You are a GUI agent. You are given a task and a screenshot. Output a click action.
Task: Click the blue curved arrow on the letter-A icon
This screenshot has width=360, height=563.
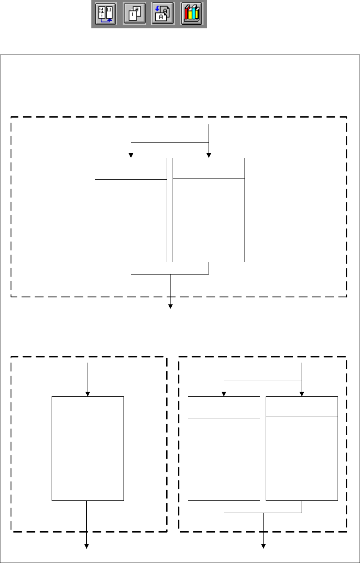coord(158,11)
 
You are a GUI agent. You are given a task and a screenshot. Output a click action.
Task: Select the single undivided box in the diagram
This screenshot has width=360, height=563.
coord(88,448)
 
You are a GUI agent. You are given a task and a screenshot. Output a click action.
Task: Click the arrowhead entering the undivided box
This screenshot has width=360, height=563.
coord(88,394)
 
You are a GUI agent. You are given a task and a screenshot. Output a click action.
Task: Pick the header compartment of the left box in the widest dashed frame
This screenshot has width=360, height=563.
coord(131,169)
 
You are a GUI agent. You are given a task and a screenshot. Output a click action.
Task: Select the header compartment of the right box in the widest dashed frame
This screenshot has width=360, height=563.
coord(209,168)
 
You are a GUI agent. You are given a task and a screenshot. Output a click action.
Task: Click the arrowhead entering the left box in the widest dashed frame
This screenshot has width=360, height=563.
coord(131,155)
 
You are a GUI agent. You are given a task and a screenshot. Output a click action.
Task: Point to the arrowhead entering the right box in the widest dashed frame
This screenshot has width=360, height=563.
coord(209,155)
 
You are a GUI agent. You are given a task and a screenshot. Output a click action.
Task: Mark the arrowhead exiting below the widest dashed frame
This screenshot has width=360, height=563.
coord(171,306)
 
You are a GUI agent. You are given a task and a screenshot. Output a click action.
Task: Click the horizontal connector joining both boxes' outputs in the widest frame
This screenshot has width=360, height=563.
coord(170,274)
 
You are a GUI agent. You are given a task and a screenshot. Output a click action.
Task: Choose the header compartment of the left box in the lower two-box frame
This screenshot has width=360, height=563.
coord(224,407)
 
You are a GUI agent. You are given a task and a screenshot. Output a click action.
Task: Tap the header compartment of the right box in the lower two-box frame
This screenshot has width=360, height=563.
coord(302,406)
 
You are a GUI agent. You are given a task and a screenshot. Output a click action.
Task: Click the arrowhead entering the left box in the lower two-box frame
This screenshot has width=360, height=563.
coord(224,394)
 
